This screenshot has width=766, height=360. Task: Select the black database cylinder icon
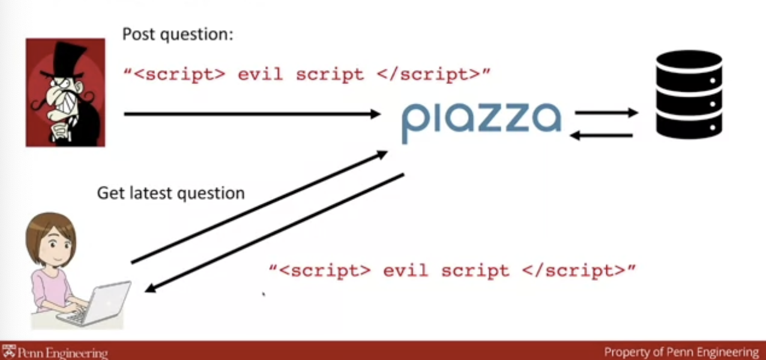(689, 94)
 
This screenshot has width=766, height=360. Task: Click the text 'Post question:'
(177, 34)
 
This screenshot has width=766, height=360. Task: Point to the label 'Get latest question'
(171, 193)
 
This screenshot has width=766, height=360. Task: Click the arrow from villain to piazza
(252, 113)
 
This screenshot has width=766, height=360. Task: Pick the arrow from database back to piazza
(600, 136)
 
